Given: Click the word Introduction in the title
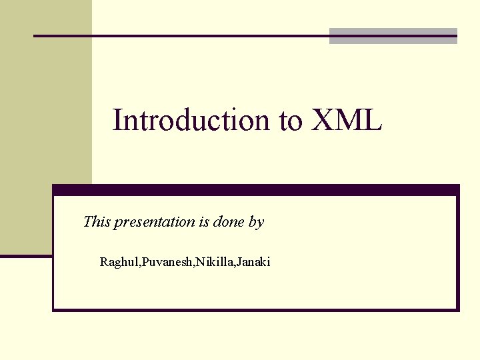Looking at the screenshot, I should tap(191, 120).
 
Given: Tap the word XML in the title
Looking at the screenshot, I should tap(345, 120).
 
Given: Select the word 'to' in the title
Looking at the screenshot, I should tap(291, 121).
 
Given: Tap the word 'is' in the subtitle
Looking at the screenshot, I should tap(204, 222).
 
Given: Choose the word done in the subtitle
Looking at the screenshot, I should tap(229, 222).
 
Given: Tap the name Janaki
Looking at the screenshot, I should tap(254, 262).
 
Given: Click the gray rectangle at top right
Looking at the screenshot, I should tap(393, 37).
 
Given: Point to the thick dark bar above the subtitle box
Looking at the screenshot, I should tap(256, 190).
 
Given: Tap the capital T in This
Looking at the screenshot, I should tap(88, 222).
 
